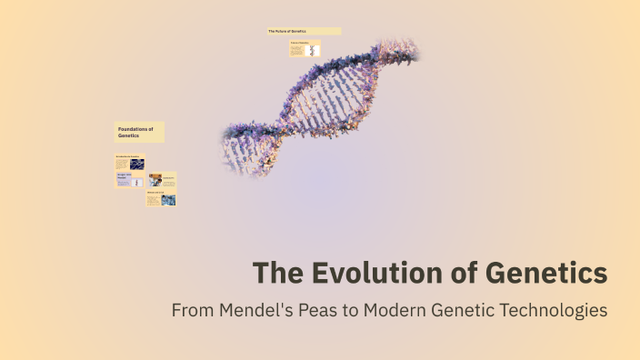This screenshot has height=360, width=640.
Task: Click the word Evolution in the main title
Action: click(x=371, y=273)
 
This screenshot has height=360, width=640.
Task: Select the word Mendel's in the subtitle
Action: click(x=250, y=310)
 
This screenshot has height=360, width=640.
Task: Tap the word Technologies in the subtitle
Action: click(x=553, y=310)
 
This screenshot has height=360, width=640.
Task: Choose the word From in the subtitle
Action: click(x=192, y=310)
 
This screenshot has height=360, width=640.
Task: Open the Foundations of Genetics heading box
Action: click(x=139, y=133)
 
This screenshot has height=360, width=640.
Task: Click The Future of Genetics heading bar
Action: click(x=304, y=31)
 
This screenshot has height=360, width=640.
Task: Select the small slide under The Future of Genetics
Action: click(x=305, y=49)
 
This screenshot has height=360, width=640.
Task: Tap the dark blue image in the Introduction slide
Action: click(x=136, y=165)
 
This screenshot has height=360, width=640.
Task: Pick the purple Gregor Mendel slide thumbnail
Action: click(x=129, y=180)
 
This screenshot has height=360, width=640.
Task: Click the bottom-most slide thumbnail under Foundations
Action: click(x=161, y=199)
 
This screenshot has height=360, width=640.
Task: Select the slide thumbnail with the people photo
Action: click(x=162, y=181)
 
